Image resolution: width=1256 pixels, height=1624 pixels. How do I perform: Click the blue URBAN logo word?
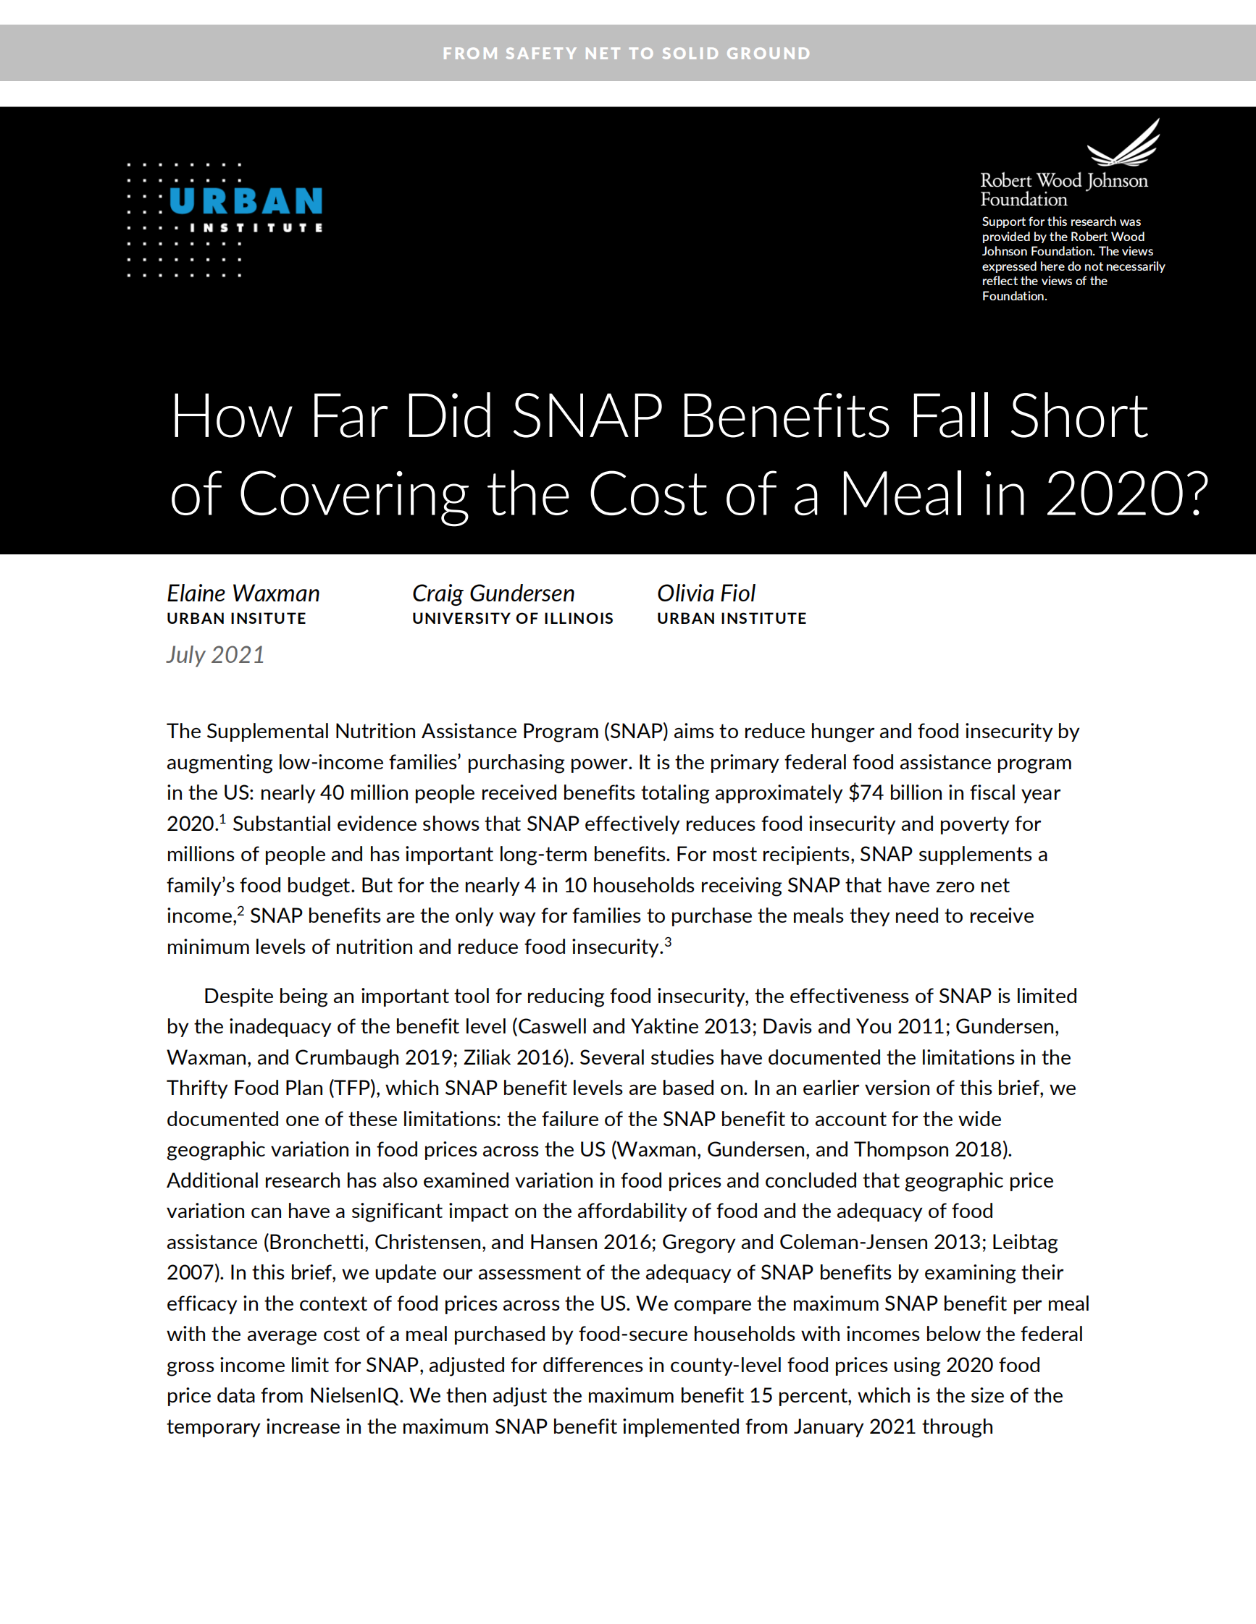[x=246, y=201]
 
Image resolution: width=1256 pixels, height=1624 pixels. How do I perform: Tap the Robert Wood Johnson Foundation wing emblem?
[x=1124, y=144]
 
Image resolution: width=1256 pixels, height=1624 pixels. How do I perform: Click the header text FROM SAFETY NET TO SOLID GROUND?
[x=627, y=54]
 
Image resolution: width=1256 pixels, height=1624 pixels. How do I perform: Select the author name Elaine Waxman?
[x=243, y=593]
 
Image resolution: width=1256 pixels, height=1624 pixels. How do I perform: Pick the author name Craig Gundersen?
[x=493, y=593]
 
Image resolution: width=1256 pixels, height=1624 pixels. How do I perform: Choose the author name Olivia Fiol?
[x=706, y=593]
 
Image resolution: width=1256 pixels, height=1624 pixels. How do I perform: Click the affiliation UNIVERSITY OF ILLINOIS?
[x=513, y=619]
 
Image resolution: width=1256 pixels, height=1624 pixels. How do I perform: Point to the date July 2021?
[x=216, y=654]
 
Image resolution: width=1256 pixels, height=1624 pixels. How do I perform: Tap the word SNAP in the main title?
[x=587, y=416]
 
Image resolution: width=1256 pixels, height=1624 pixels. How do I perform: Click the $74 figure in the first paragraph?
[x=866, y=792]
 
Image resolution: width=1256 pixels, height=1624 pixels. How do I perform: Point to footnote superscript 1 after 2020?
[x=222, y=819]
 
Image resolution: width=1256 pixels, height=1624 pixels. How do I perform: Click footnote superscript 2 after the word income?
[x=240, y=911]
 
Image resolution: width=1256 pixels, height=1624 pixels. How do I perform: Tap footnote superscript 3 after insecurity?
[x=668, y=942]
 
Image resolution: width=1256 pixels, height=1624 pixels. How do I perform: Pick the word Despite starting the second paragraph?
[x=239, y=996]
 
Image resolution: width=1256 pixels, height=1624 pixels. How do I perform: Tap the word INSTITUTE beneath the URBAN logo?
[x=256, y=227]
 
